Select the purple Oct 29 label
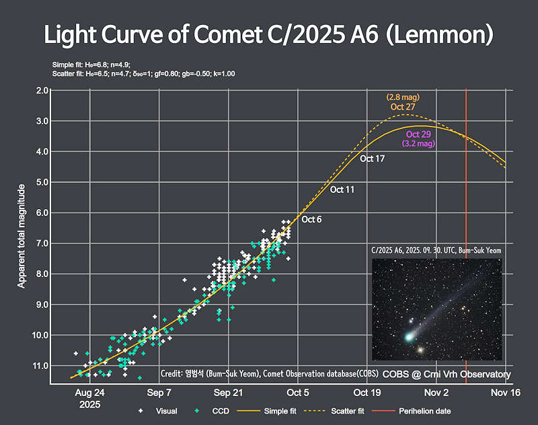click(418, 134)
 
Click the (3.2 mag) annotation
click(418, 144)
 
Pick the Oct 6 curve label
click(311, 220)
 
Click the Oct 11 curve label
click(342, 190)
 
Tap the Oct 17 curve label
click(372, 159)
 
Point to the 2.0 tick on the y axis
click(42, 90)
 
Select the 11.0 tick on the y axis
click(41, 366)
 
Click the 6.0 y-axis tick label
click(42, 212)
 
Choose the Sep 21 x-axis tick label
click(229, 392)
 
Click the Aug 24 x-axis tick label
click(89, 392)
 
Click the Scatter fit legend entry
click(343, 411)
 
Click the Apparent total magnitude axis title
click(22, 235)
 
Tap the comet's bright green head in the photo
click(408, 336)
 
